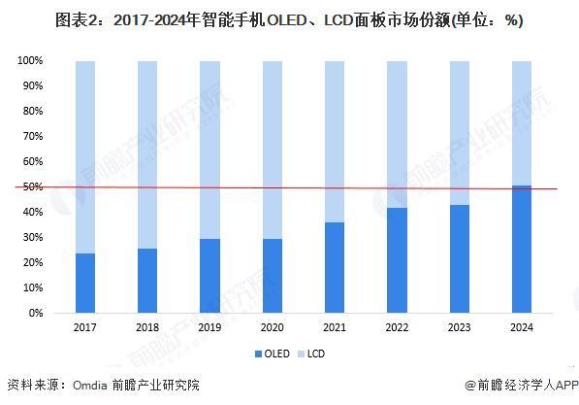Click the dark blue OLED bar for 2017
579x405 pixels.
[85, 284]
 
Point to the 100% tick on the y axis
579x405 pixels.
[30, 61]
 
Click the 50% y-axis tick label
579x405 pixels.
[32, 187]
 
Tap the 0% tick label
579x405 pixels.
[35, 314]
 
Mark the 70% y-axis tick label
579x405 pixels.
[32, 137]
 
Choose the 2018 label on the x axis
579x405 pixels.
[147, 328]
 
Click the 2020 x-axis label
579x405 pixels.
[273, 328]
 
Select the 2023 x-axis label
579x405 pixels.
[461, 328]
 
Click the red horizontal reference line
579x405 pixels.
[291, 187]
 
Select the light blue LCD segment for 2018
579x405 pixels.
[147, 154]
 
